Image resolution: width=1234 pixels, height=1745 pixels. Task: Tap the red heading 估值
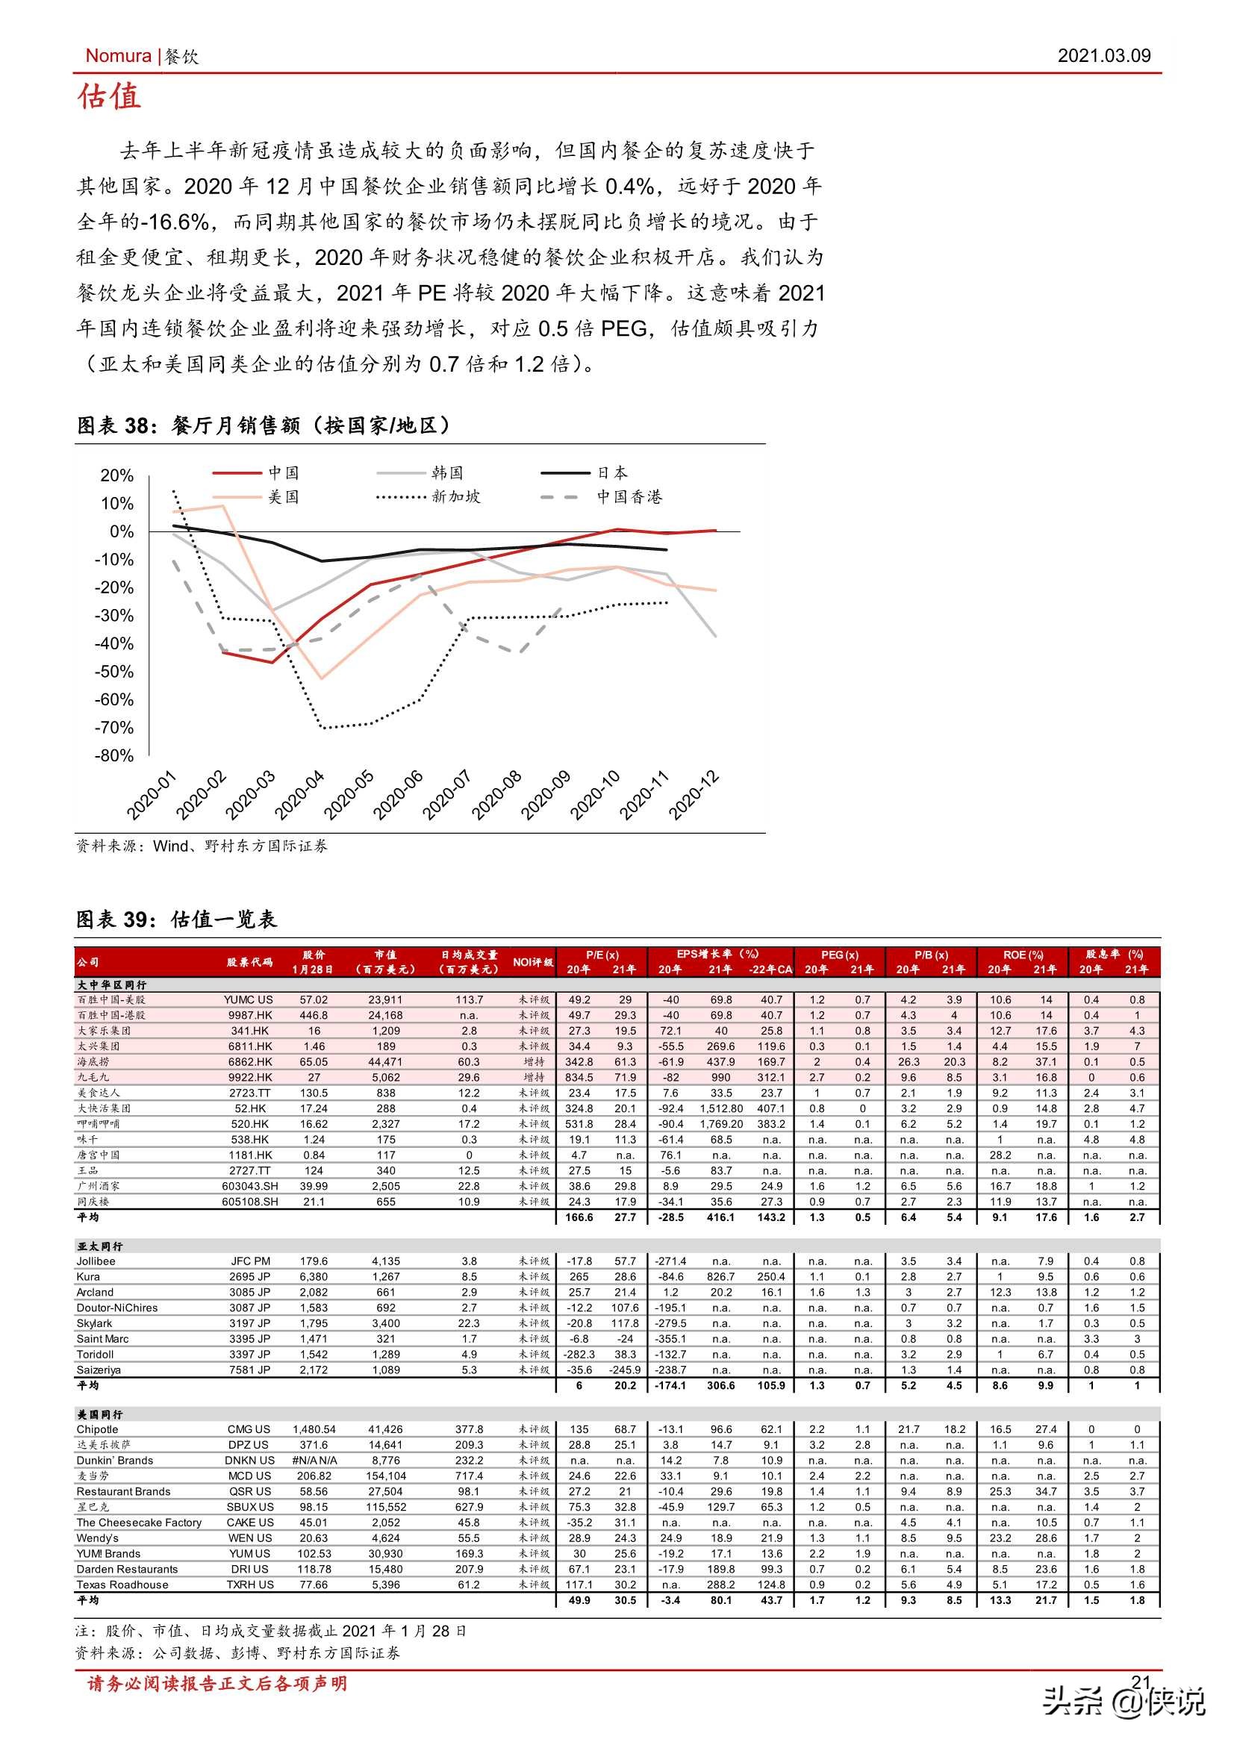(x=110, y=97)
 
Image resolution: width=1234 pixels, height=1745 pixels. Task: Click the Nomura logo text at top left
(x=118, y=55)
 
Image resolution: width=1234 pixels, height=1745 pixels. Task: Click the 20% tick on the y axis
(x=117, y=475)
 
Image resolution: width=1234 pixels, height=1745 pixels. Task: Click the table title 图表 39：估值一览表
(x=176, y=920)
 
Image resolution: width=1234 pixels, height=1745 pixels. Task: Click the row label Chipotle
(x=97, y=1429)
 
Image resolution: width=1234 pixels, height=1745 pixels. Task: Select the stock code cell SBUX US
(x=250, y=1507)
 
